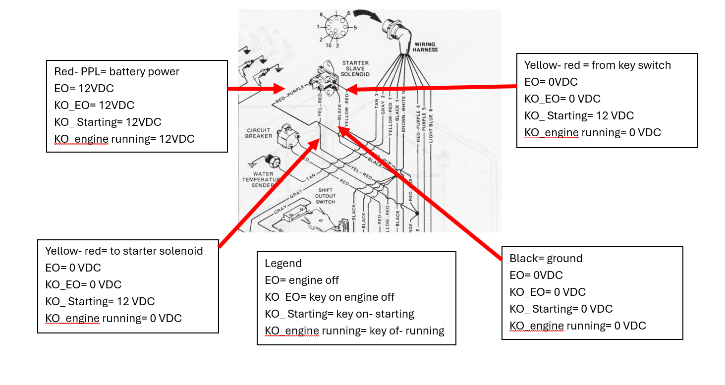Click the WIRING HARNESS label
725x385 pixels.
[x=425, y=47]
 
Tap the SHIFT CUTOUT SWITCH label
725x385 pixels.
[x=325, y=196]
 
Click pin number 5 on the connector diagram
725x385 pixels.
[x=355, y=28]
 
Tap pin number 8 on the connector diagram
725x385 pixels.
[x=321, y=15]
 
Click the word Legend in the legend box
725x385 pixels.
[x=283, y=263]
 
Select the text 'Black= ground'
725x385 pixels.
[x=546, y=258]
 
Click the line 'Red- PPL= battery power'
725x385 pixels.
[x=116, y=71]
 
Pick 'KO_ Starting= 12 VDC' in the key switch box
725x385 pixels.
[x=579, y=115]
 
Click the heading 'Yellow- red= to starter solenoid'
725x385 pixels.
[x=124, y=251]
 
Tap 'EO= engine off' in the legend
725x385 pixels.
[x=301, y=280]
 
